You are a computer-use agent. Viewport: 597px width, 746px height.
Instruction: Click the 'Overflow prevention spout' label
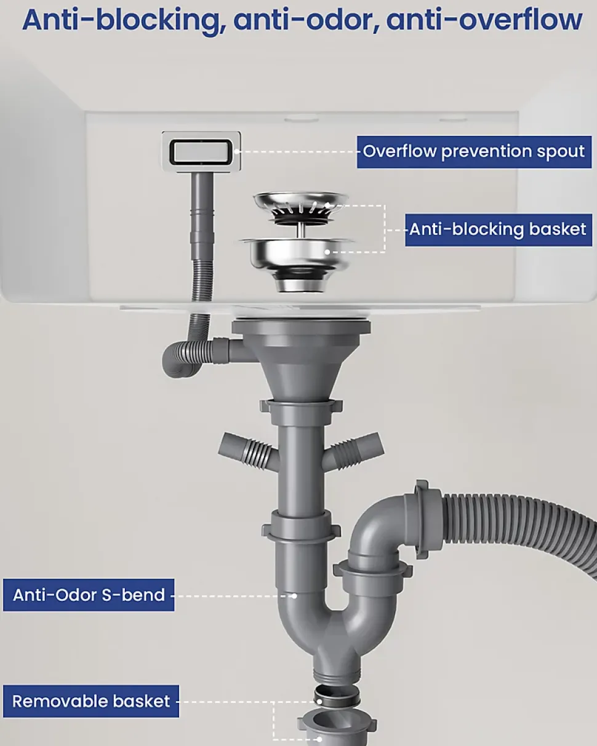(474, 152)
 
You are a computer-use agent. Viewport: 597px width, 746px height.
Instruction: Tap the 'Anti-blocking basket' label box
(499, 230)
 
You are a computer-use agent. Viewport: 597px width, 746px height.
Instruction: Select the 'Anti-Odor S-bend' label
(89, 595)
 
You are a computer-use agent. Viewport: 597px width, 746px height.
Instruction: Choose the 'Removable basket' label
(91, 701)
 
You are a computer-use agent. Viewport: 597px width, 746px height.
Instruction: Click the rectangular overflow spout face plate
(201, 152)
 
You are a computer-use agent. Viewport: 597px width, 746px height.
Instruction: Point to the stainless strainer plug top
(300, 208)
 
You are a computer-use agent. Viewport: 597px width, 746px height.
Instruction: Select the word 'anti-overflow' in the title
(484, 20)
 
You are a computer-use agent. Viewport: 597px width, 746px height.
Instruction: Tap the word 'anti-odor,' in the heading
(306, 21)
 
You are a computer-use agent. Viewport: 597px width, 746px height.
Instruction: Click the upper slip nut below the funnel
(301, 408)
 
